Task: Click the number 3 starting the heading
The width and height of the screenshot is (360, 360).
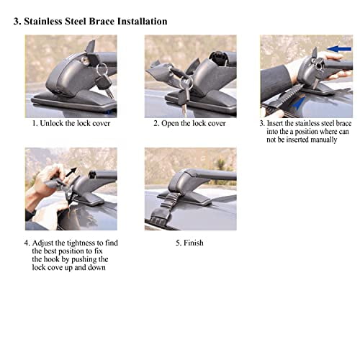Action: [x=17, y=21]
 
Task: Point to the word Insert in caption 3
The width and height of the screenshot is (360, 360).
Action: [x=280, y=123]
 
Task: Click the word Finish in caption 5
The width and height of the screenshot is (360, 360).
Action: [x=194, y=243]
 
